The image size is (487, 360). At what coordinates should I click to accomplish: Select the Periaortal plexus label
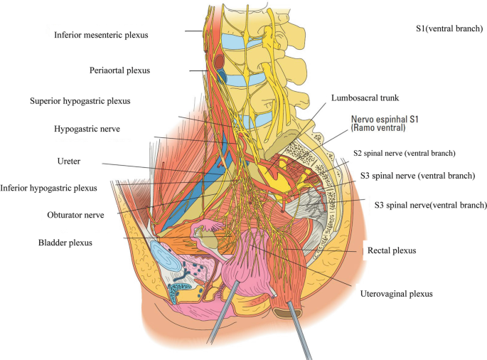(120, 70)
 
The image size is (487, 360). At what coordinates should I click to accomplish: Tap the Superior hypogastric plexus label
(95, 100)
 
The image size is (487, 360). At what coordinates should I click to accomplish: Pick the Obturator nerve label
(67, 213)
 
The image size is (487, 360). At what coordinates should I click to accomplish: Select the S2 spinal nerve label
(404, 153)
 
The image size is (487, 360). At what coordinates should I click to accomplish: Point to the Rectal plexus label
(390, 250)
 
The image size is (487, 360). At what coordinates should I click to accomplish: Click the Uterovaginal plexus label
(396, 292)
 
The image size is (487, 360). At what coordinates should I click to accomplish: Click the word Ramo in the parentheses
(366, 129)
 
